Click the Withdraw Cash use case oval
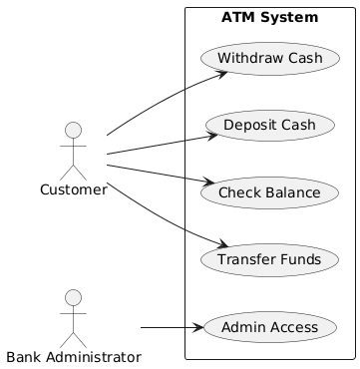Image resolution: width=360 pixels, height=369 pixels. [270, 59]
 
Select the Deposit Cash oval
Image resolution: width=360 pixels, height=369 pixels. [270, 126]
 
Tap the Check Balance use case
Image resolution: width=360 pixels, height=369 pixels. [269, 192]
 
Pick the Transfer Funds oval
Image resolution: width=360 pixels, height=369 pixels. [269, 259]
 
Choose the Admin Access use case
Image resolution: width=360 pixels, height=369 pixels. [269, 327]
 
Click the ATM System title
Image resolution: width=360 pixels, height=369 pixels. [269, 17]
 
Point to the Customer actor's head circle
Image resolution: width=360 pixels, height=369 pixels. [73, 130]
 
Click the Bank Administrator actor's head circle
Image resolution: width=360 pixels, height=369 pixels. [73, 297]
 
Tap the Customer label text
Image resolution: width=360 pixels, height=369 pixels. [74, 190]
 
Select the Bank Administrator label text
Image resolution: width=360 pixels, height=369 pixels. [74, 358]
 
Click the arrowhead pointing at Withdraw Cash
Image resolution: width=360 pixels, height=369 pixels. [222, 74]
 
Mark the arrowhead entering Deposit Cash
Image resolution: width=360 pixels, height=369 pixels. [212, 136]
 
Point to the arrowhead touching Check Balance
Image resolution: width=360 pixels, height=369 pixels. [209, 182]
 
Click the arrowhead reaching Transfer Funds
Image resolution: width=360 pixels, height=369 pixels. [222, 244]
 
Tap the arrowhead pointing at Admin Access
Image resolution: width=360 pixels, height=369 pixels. [198, 327]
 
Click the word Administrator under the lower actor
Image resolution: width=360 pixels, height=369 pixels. [94, 358]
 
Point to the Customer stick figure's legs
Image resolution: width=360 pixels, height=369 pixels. [73, 173]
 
